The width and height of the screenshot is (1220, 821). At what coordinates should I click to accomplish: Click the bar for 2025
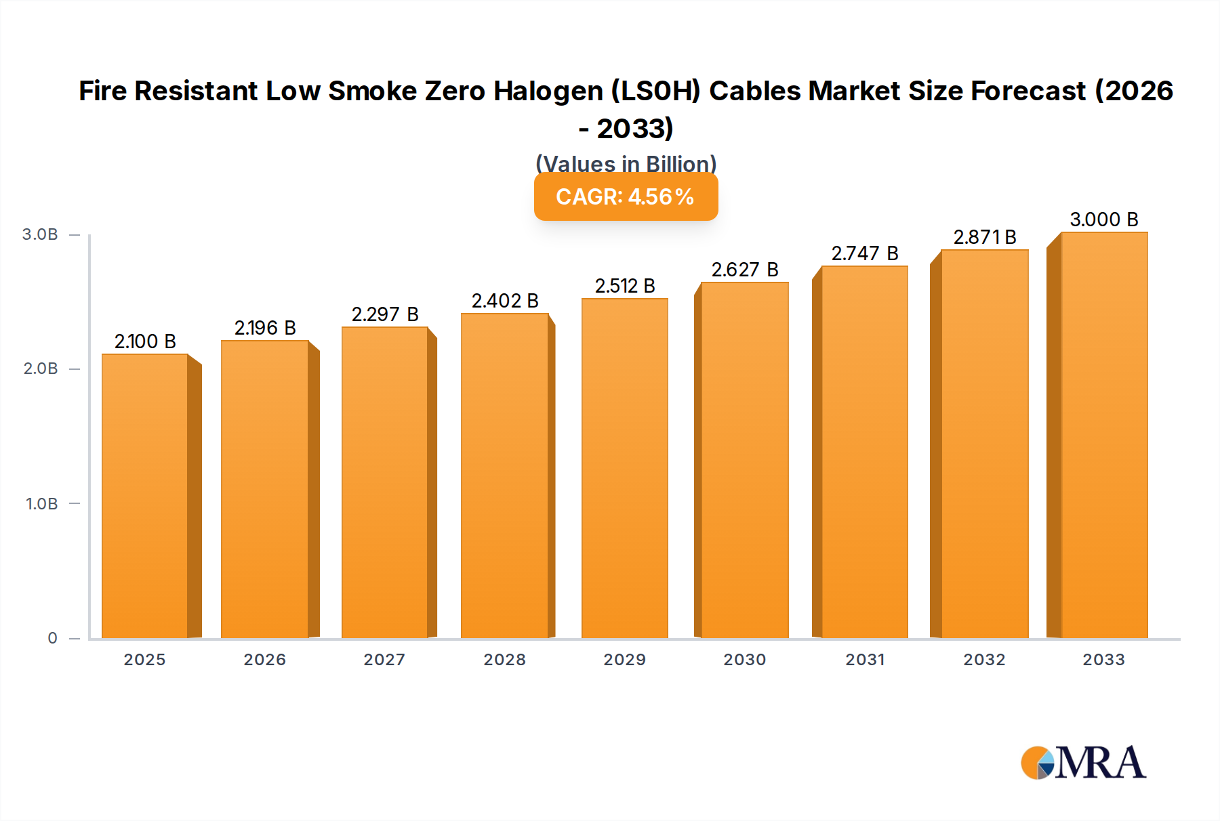click(145, 496)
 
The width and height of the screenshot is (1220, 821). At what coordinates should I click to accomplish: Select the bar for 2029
click(624, 468)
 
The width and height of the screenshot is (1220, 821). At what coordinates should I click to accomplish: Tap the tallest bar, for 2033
click(1104, 435)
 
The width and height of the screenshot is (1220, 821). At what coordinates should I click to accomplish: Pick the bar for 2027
click(384, 482)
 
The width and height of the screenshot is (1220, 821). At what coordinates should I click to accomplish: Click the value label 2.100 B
click(145, 341)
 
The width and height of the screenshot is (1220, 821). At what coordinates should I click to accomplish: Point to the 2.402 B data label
click(505, 301)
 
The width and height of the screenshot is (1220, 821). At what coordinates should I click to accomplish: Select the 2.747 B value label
click(865, 253)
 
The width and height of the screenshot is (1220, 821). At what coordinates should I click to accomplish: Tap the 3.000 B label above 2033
click(1104, 219)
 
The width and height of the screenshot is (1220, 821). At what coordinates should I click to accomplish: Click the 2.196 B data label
click(265, 328)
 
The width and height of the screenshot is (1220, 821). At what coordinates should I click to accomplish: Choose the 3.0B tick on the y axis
click(40, 234)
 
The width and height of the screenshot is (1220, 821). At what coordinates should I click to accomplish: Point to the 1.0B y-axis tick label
click(41, 504)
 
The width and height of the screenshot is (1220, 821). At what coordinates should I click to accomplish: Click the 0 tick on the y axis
click(52, 638)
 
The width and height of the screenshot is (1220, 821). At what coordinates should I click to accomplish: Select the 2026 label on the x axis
click(265, 660)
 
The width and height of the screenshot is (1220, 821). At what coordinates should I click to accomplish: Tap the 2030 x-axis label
click(745, 660)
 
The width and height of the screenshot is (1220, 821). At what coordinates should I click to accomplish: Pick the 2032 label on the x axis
click(985, 660)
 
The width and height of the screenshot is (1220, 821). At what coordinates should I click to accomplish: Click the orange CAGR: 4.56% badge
click(626, 196)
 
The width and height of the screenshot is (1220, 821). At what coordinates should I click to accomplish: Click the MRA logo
click(1083, 763)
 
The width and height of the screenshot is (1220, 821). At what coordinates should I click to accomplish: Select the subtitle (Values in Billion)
click(626, 164)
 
